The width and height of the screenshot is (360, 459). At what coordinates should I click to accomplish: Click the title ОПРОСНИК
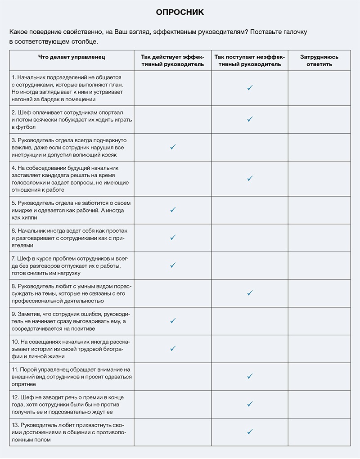180,13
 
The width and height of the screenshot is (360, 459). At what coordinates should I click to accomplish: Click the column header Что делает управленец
72,57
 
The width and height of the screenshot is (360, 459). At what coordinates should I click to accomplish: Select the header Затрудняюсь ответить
319,61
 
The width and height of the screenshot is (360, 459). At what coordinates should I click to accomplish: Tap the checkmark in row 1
250,88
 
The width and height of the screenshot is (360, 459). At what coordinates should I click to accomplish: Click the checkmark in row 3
173,147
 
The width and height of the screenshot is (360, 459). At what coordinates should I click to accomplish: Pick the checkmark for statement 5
173,210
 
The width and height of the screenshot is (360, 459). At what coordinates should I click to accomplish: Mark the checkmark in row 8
250,293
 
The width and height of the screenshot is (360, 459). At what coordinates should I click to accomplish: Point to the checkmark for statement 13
250,432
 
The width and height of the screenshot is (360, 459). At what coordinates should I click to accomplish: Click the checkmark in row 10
173,348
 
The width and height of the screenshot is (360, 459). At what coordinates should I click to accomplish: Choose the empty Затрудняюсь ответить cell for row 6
319,238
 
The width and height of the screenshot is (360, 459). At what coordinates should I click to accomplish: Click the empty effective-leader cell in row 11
173,376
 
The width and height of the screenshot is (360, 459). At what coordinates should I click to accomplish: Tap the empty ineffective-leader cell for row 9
250,321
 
